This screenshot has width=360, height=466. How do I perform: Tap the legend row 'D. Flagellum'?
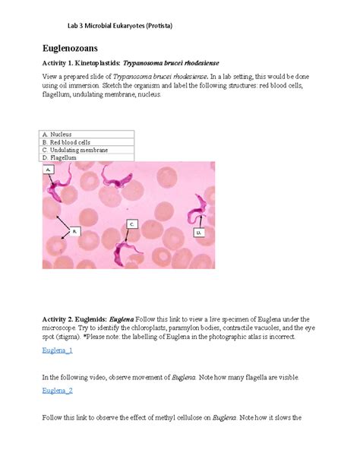(62, 157)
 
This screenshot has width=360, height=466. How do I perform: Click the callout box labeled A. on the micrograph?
(49, 171)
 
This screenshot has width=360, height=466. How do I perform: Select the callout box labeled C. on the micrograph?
(131, 224)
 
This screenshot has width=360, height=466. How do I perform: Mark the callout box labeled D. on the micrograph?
(199, 232)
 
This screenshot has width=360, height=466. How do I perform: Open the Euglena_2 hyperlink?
(58, 391)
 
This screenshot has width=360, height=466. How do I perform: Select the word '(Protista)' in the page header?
(155, 26)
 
